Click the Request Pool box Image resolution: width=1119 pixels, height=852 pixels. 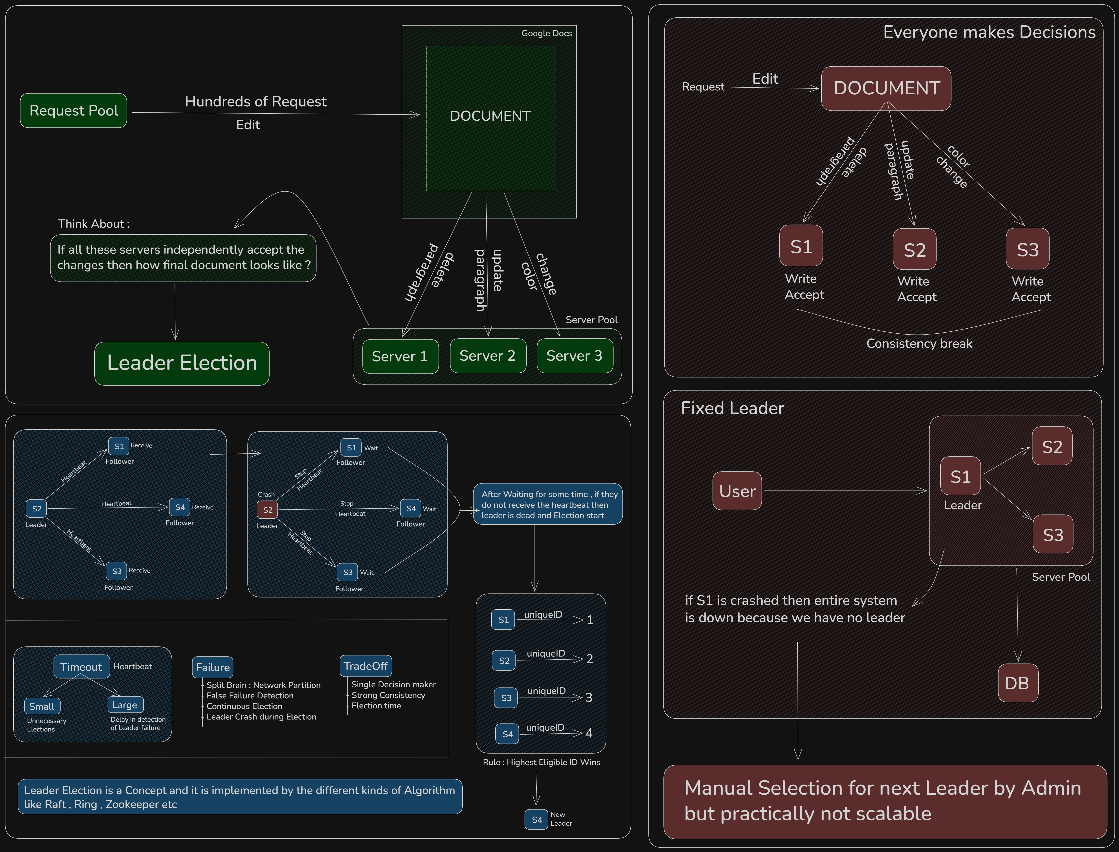[74, 110]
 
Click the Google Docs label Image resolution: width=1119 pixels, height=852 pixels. [547, 34]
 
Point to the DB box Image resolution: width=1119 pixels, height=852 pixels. [1017, 683]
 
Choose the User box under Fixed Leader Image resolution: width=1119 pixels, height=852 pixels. [737, 491]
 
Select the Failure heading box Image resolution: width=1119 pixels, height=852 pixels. [212, 667]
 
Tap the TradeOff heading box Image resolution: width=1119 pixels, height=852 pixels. [366, 666]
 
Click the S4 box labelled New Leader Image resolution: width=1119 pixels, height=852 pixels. [537, 820]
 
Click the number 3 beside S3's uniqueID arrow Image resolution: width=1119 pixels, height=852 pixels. [589, 698]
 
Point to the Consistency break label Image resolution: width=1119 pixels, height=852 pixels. [919, 344]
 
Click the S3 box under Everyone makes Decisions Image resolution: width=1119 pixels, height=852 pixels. [1028, 249]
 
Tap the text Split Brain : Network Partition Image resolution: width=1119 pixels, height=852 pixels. [264, 685]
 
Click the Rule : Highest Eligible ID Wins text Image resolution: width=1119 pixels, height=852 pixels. [542, 762]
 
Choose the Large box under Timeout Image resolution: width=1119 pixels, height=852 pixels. [125, 705]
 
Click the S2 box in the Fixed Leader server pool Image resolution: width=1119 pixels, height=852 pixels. [1052, 446]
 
